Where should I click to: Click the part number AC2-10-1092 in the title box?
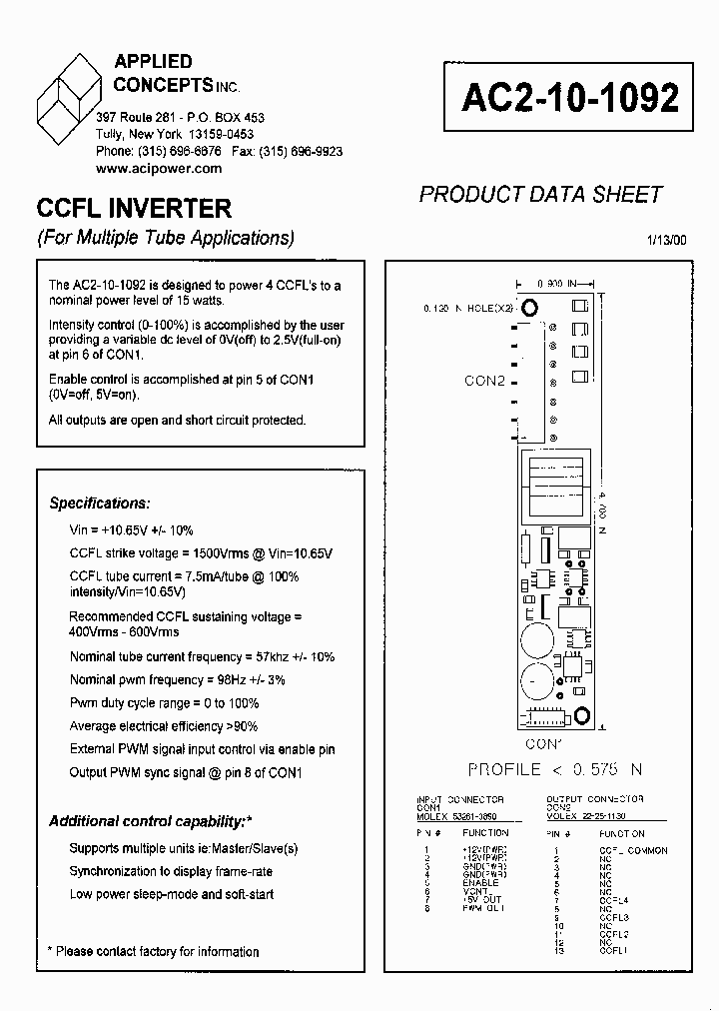570,98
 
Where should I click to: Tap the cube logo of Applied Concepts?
69,96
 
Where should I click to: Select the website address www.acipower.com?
159,169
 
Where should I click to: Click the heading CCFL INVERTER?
134,209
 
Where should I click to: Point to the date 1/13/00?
666,239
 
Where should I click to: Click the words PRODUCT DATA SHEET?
540,194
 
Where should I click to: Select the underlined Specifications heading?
100,504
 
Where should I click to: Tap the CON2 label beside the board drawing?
485,381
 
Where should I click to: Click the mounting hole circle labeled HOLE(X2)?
531,308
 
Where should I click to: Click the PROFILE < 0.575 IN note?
555,769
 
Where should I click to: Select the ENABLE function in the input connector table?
480,883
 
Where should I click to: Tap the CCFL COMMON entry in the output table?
633,851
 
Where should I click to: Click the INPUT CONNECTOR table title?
460,799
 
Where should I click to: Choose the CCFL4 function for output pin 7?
614,900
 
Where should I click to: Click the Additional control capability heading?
150,821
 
